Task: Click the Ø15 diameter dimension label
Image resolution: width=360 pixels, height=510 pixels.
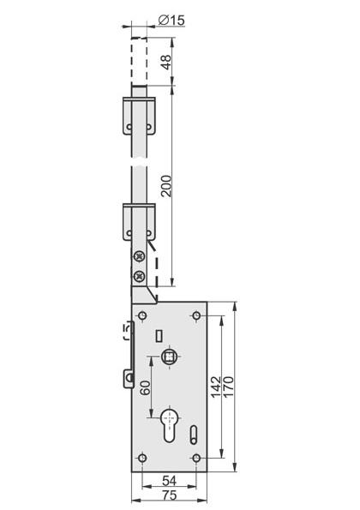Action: point(171,21)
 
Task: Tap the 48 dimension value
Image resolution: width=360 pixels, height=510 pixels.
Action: point(165,62)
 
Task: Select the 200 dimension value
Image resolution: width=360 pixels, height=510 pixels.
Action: point(166,186)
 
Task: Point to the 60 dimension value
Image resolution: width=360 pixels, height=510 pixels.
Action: point(145,387)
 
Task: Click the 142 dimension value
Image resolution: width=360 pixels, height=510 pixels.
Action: point(216,387)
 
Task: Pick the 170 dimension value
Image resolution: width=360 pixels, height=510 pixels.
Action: point(228,387)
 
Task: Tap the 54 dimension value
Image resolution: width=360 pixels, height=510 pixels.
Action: point(169,480)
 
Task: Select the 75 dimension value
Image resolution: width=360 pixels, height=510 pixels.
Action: point(169,495)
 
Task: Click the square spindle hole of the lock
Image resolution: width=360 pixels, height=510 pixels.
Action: point(170,357)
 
